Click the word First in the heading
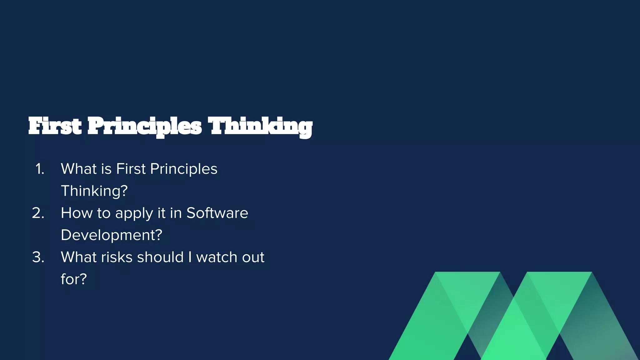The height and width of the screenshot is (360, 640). click(55, 126)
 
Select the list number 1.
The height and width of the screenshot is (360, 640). click(40, 169)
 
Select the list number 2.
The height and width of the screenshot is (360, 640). click(38, 213)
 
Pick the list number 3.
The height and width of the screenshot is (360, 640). click(38, 257)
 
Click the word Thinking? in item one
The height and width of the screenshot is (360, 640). click(94, 191)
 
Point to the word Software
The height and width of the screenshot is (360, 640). click(217, 213)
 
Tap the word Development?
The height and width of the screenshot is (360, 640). click(111, 235)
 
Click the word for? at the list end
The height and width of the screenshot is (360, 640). click(73, 279)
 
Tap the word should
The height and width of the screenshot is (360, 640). click(160, 257)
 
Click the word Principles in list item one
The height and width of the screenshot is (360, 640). click(183, 169)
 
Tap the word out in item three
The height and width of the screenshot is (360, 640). click(253, 257)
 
